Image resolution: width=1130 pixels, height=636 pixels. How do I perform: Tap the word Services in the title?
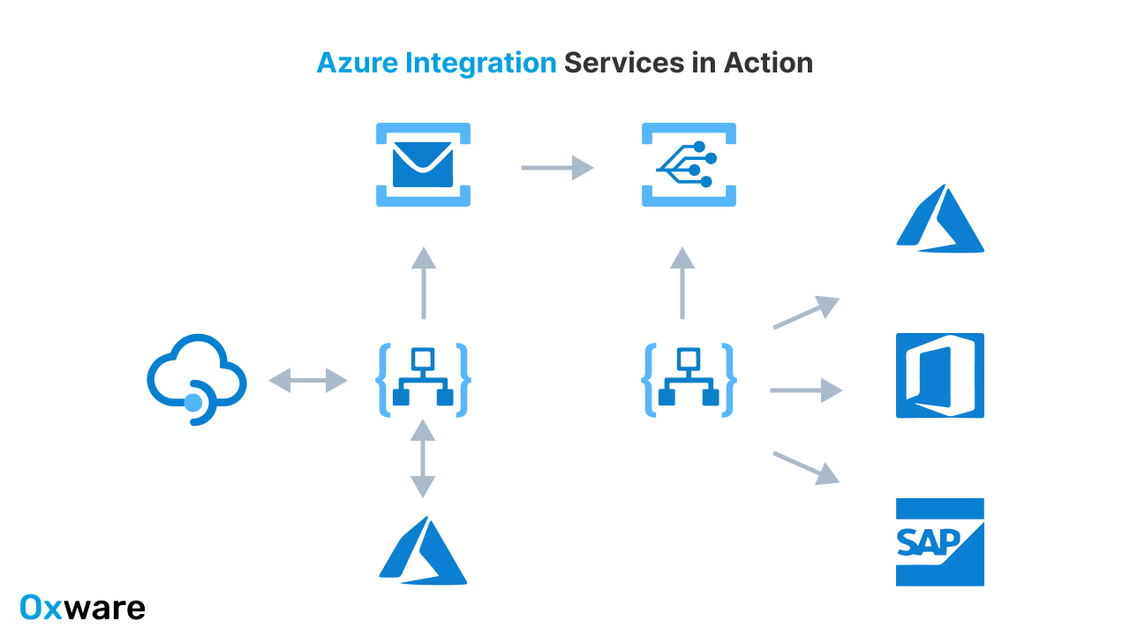tap(623, 64)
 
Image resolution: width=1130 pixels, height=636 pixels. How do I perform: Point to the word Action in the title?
tap(768, 64)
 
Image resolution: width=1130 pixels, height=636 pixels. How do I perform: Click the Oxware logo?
tap(82, 608)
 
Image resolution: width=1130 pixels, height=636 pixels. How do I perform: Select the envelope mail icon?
tap(423, 165)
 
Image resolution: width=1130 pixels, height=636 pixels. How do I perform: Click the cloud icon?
tap(196, 380)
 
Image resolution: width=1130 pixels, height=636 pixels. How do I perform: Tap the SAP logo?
tap(939, 541)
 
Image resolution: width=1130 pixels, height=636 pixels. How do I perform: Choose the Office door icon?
tap(939, 375)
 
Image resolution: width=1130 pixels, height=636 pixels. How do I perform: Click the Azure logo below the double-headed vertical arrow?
tap(423, 551)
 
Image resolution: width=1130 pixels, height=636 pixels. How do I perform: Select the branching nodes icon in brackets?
tap(689, 165)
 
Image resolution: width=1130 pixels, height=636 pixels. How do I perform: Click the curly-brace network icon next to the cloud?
tap(423, 381)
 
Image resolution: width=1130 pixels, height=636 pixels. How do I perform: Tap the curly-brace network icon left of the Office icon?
tap(689, 381)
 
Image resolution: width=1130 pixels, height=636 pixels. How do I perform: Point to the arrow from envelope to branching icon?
tap(556, 166)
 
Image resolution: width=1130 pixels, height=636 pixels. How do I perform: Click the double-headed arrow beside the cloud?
tap(308, 381)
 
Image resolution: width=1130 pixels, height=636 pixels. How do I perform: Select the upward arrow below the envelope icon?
tap(424, 283)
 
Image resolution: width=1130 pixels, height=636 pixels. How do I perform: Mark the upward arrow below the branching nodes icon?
tap(682, 283)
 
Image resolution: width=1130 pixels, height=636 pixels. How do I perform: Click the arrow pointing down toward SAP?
tap(805, 467)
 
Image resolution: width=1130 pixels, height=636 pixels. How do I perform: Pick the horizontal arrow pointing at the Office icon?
tap(806, 390)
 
